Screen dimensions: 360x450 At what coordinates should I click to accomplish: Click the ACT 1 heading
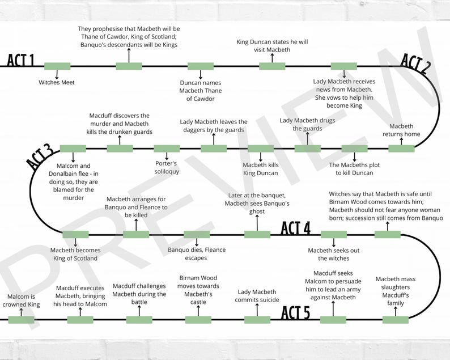(x=21, y=61)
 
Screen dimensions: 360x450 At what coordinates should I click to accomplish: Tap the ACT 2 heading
(x=415, y=63)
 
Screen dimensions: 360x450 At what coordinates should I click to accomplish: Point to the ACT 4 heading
(x=296, y=228)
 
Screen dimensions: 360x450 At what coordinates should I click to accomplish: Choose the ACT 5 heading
(x=296, y=312)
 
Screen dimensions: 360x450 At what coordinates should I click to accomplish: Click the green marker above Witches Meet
(x=57, y=66)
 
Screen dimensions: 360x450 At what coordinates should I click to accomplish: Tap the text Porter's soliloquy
(x=167, y=167)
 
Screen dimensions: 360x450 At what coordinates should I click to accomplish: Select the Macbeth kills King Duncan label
(x=260, y=169)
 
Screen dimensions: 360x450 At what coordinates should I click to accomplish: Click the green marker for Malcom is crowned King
(x=21, y=320)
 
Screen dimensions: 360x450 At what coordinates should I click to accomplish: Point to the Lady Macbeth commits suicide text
(x=257, y=296)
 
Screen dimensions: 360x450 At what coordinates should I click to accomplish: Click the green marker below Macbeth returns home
(x=401, y=149)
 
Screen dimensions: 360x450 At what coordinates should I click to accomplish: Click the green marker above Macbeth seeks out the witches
(x=334, y=234)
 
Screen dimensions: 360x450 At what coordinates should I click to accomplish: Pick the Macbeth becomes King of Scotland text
(x=75, y=254)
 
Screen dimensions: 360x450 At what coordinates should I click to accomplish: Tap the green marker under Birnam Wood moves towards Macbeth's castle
(x=198, y=320)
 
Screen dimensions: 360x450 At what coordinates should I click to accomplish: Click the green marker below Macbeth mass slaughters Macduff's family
(x=396, y=320)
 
